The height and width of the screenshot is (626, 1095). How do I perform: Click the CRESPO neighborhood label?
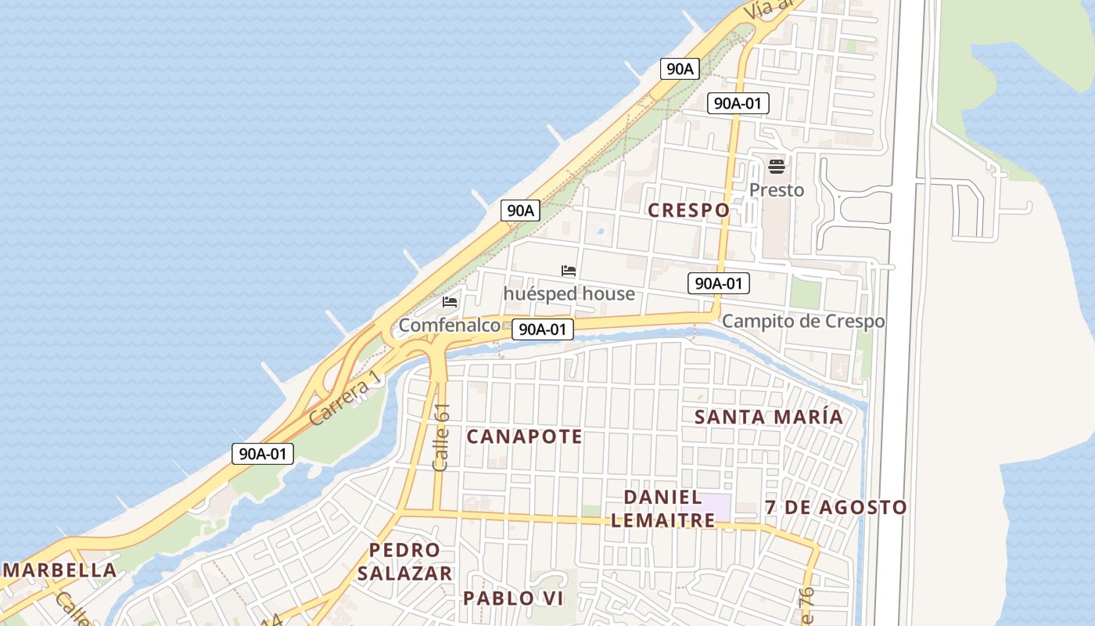(688, 210)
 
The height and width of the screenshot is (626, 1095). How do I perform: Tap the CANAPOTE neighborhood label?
(524, 437)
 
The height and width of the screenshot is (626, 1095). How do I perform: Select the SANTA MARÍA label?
(769, 417)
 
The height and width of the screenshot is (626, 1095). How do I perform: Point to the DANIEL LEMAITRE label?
(662, 508)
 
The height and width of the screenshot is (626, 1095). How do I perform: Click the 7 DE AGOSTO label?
(835, 507)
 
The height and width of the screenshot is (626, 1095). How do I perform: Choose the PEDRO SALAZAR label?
(404, 562)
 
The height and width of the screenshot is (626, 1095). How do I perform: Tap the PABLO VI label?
(513, 599)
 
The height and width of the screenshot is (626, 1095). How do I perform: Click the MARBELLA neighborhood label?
(60, 570)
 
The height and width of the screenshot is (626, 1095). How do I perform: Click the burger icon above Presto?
(776, 166)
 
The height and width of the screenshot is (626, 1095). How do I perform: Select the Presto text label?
(776, 190)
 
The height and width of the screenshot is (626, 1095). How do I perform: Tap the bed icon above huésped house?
(569, 271)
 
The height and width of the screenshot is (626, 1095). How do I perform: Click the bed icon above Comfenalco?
(450, 301)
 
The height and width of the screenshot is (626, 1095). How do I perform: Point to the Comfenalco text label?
(449, 325)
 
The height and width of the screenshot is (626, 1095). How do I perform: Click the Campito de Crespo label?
(802, 321)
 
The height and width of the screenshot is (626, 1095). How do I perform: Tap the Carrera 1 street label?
(345, 398)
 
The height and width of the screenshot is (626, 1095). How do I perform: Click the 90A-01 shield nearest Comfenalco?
(543, 329)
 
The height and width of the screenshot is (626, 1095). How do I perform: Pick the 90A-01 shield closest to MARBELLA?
(262, 453)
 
